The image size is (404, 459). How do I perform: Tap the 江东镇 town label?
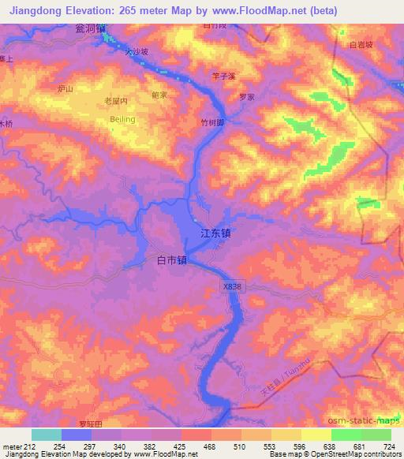[x=215, y=234]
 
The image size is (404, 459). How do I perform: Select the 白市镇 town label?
[x=171, y=259]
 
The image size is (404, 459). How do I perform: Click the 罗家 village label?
[x=246, y=98]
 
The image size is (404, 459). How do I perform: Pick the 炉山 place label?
[x=65, y=89]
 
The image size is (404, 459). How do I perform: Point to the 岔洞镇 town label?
[x=91, y=28]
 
